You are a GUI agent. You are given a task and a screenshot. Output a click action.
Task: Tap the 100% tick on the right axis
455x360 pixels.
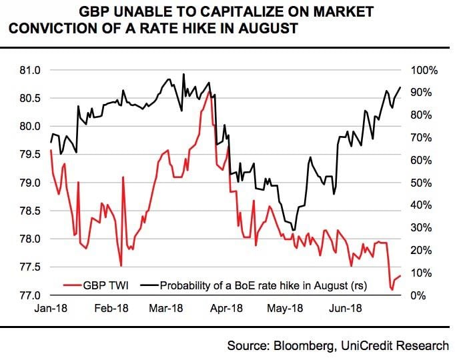pos(423,70)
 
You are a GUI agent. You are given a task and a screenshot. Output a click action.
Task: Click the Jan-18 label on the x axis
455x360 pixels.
pos(52,309)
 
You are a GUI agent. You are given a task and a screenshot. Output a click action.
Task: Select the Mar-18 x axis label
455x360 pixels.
pos(168,309)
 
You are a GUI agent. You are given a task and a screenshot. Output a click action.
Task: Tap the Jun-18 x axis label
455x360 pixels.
pos(345,309)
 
